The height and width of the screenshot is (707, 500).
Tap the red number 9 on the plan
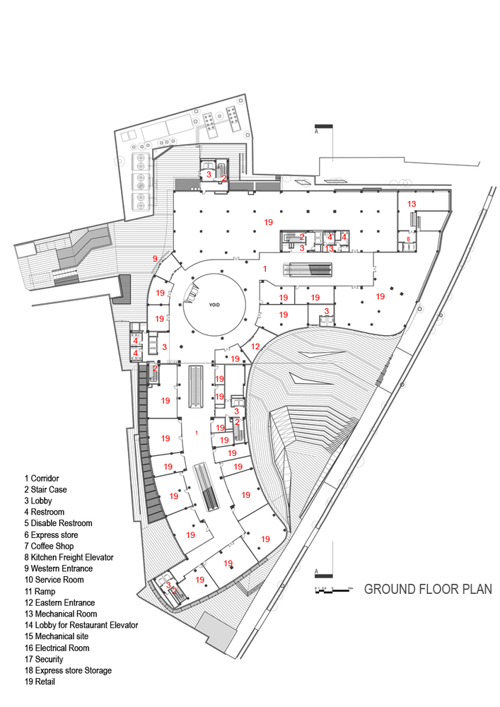click(155, 259)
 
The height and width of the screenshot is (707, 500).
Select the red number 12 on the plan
click(255, 346)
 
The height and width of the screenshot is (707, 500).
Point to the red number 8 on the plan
click(408, 239)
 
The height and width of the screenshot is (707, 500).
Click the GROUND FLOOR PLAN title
click(428, 589)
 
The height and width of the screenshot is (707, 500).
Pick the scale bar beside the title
click(333, 588)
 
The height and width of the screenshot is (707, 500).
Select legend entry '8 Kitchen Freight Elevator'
click(68, 557)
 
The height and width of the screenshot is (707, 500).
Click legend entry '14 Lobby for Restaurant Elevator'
click(79, 625)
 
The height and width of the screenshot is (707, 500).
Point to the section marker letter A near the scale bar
click(316, 570)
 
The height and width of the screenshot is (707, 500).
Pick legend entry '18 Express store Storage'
click(68, 670)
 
